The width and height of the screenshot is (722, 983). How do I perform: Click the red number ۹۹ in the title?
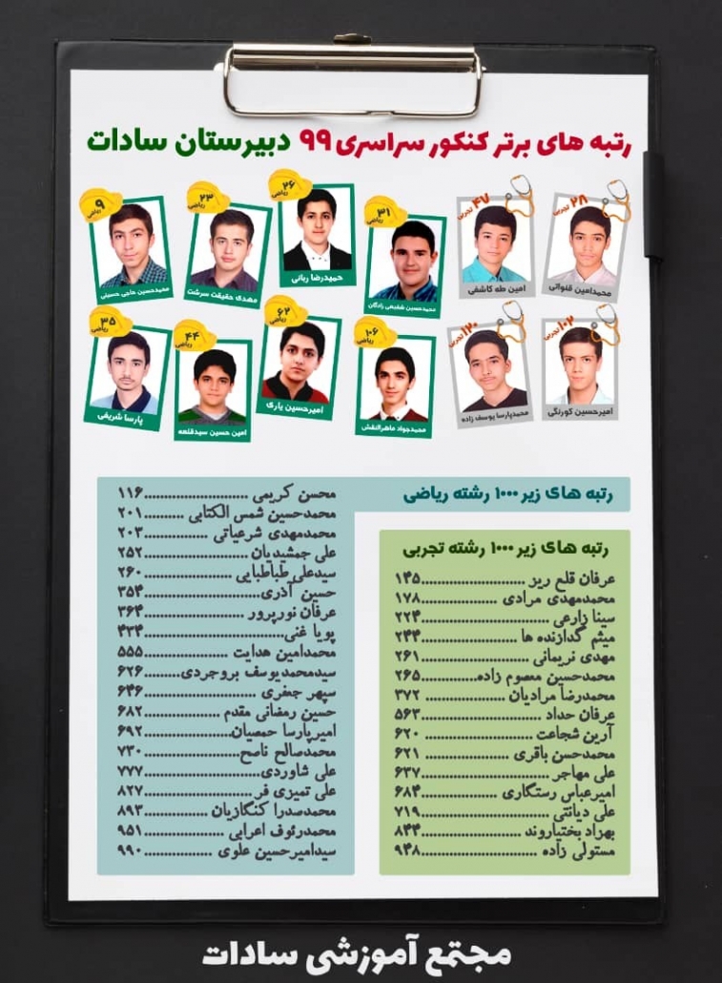(315, 140)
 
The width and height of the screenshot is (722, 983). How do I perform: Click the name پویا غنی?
(312, 633)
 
